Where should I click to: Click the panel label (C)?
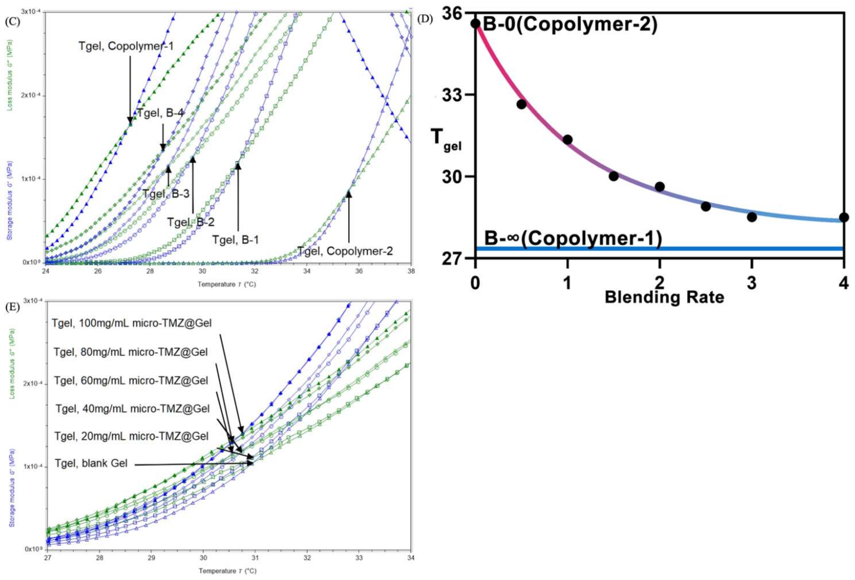(x=11, y=22)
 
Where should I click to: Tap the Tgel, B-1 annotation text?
(x=235, y=240)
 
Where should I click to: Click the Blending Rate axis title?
(x=664, y=297)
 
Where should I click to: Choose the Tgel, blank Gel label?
(x=91, y=463)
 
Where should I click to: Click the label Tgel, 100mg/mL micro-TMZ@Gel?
(x=132, y=324)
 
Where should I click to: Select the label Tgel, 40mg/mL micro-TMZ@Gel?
(x=132, y=409)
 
